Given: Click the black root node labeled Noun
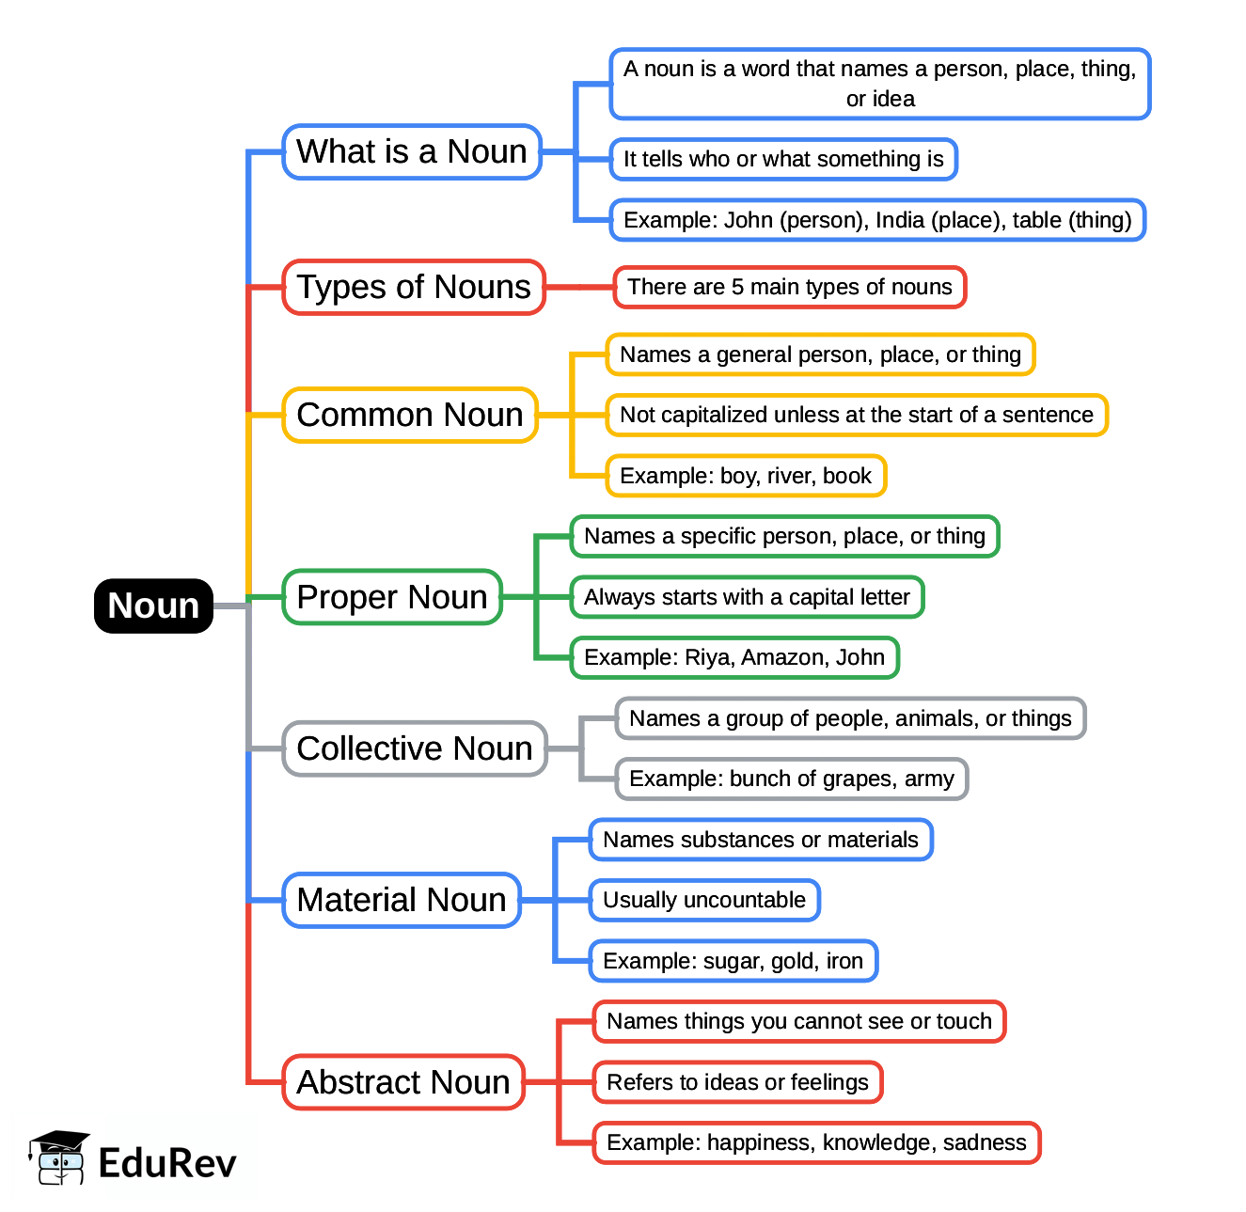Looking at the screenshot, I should (x=153, y=606).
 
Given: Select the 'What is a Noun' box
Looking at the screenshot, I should (x=412, y=151).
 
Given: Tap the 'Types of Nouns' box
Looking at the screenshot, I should (x=414, y=287).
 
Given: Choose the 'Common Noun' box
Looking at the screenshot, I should (x=410, y=415).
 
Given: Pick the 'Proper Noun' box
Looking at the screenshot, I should (x=392, y=597).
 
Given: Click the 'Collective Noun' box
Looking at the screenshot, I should (x=415, y=748).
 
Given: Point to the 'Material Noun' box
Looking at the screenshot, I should (x=402, y=900).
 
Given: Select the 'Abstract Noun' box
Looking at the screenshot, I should (x=403, y=1082).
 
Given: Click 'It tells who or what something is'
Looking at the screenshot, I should (x=783, y=159).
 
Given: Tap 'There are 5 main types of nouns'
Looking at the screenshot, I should (x=790, y=287).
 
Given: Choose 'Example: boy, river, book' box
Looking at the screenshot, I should (x=746, y=476).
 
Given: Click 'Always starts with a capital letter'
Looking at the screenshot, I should (x=747, y=597).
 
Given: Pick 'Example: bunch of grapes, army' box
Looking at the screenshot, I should (x=792, y=779).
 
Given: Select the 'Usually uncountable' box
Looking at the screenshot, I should (x=704, y=900).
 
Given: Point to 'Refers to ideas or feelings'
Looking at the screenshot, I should (x=737, y=1082).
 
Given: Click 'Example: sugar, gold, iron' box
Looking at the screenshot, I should (x=733, y=961).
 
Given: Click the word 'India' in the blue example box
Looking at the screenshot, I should (x=900, y=220).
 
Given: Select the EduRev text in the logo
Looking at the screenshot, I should (x=167, y=1163).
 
